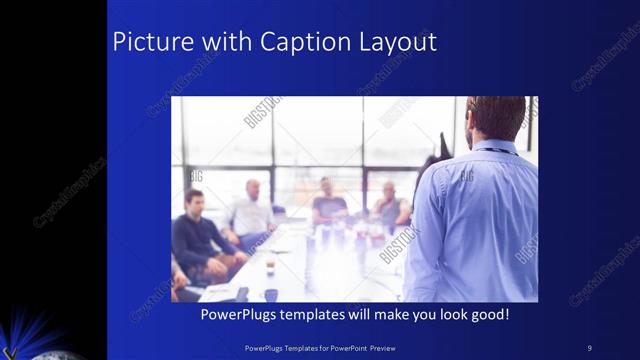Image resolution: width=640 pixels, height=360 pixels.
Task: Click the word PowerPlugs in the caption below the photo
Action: click(241, 314)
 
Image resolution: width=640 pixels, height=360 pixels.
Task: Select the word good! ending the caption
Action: click(490, 314)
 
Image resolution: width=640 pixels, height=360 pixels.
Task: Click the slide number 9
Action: click(589, 348)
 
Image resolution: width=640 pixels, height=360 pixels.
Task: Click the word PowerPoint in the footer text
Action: click(358, 348)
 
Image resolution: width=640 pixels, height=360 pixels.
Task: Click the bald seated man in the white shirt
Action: click(251, 210)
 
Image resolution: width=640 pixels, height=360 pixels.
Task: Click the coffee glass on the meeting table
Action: click(270, 264)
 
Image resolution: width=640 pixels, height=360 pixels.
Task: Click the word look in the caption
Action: click(452, 314)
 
